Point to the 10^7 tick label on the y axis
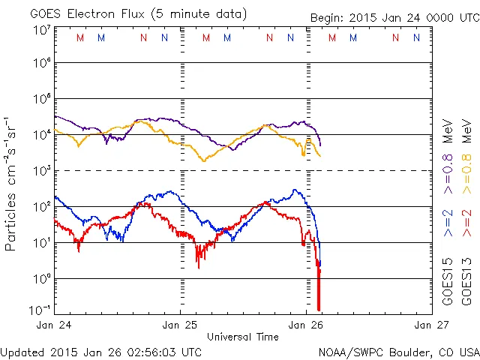(x=40, y=29)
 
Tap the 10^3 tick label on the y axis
(x=40, y=171)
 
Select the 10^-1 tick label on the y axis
(x=39, y=310)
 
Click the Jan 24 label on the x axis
(x=54, y=325)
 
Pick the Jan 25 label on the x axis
(x=181, y=325)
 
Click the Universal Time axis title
(x=243, y=337)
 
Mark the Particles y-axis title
(x=11, y=184)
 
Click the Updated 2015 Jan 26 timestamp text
(x=101, y=351)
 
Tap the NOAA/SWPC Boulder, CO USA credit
(x=398, y=351)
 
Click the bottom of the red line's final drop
(x=319, y=309)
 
